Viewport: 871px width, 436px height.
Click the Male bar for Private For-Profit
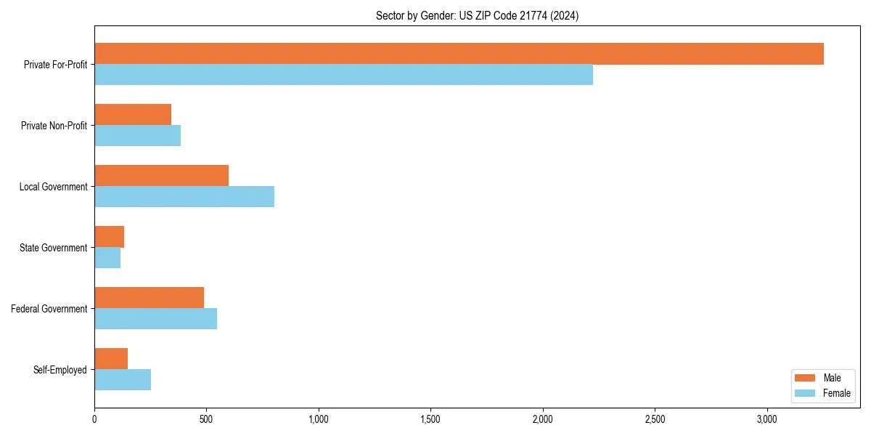[x=459, y=54]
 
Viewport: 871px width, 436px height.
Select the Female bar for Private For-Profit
[x=343, y=75]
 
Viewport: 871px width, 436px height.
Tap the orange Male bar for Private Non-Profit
[x=133, y=115]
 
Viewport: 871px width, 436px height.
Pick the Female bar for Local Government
[x=184, y=197]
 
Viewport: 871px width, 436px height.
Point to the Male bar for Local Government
[x=161, y=176]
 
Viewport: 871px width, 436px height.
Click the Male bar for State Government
[x=109, y=237]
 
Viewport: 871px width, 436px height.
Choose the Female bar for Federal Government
[x=155, y=319]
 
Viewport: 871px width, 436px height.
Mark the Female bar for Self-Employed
[x=123, y=380]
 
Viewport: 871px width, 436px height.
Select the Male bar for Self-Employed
[x=111, y=359]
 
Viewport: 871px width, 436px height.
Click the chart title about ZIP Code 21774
[x=477, y=15]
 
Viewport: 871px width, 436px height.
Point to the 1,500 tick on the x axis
[x=430, y=419]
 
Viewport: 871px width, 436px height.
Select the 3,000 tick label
[x=767, y=419]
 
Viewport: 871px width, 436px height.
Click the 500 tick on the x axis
[x=206, y=419]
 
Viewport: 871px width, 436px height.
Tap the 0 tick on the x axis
[x=94, y=419]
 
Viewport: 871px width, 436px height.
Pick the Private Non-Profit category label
[x=54, y=126]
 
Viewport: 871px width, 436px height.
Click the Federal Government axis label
[x=49, y=309]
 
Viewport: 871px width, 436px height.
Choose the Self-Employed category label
[x=60, y=370]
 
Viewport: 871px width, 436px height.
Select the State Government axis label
[x=54, y=248]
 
